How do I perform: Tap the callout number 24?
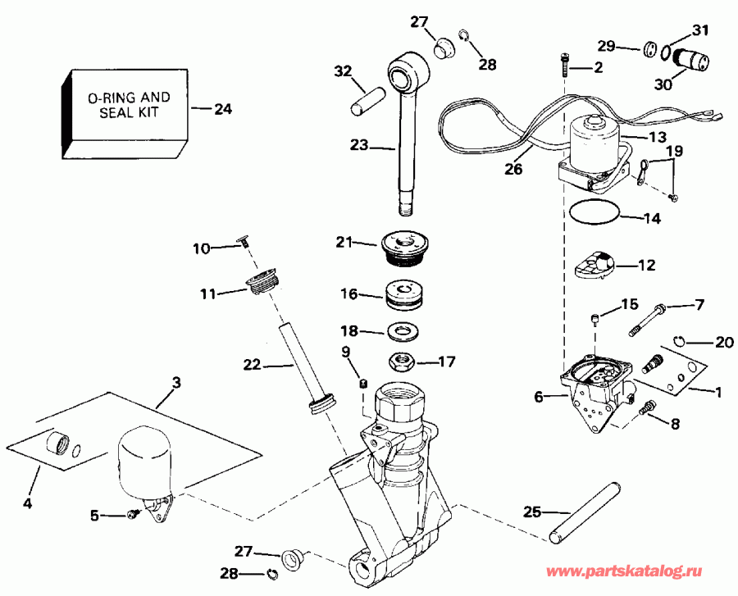click(x=222, y=107)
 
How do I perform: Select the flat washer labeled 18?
click(x=402, y=332)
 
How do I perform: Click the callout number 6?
click(x=539, y=397)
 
